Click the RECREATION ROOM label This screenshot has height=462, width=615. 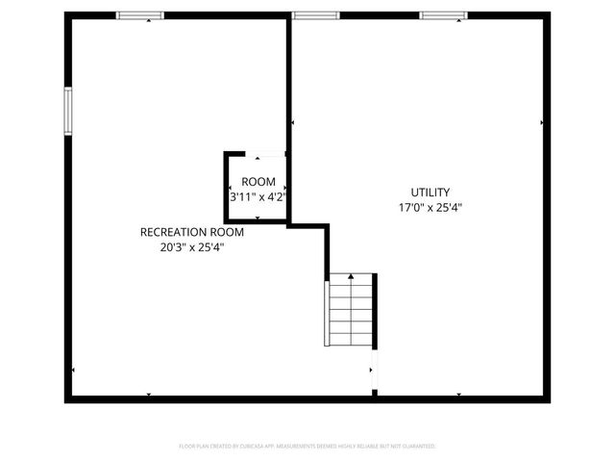[192, 232]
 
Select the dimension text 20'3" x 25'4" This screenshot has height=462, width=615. [192, 247]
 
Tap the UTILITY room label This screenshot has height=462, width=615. [430, 192]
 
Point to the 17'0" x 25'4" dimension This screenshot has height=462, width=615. [430, 208]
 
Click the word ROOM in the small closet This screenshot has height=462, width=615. [258, 182]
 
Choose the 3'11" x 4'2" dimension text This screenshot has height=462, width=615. [258, 197]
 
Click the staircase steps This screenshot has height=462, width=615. [351, 313]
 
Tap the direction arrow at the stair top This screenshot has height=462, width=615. [351, 277]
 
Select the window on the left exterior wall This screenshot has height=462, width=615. [68, 111]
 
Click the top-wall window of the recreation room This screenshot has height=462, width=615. [140, 15]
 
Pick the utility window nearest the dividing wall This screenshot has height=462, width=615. [315, 15]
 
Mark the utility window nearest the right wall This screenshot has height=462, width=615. [443, 15]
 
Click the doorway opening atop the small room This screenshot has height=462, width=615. [269, 153]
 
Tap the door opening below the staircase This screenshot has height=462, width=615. [375, 371]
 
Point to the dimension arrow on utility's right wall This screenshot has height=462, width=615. [542, 123]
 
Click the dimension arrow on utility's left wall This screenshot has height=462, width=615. [292, 123]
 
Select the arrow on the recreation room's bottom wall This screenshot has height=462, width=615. [149, 394]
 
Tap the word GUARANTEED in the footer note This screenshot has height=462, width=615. [417, 447]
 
